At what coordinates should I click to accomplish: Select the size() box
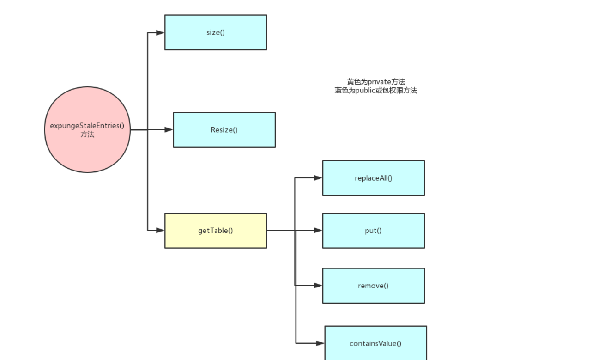point(216,32)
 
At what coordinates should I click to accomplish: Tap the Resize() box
point(224,130)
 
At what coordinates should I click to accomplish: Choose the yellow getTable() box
point(216,231)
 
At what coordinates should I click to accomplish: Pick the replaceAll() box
point(373,178)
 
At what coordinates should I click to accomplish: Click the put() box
point(373,231)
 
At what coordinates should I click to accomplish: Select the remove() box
point(373,286)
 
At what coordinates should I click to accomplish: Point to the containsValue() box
point(375,343)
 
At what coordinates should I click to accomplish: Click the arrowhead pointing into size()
point(160,33)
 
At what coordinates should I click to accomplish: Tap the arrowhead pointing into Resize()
point(169,130)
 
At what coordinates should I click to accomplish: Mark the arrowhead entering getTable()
point(160,230)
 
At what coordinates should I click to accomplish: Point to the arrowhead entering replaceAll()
point(318,178)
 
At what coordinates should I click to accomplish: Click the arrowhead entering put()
point(318,230)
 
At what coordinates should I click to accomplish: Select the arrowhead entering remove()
point(318,286)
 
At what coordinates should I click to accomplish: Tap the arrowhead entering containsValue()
point(320,343)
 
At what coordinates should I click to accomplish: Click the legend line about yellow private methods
point(376,82)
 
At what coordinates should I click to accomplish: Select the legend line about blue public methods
point(376,91)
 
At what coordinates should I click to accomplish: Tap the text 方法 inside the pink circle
point(87,134)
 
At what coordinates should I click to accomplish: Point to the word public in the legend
point(367,91)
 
